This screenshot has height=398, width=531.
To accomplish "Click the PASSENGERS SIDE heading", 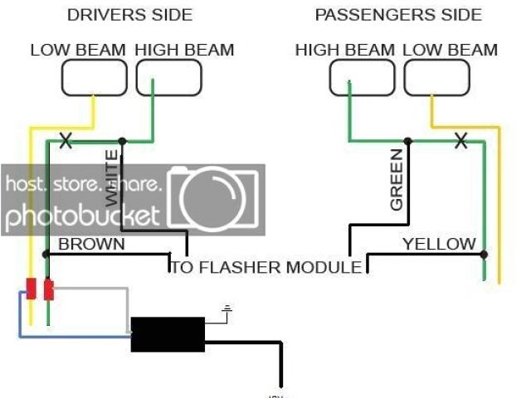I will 397,15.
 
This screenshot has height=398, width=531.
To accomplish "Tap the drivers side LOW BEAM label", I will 78,50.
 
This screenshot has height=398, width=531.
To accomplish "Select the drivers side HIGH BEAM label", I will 184,50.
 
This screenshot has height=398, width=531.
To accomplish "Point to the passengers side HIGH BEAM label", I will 345,50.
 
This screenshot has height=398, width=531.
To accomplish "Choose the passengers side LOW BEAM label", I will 451,50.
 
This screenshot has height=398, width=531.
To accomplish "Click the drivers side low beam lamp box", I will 95,78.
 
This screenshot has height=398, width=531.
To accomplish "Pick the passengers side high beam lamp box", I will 363,78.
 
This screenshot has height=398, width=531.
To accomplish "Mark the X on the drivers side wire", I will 65,141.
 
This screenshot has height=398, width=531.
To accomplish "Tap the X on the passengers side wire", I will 460,141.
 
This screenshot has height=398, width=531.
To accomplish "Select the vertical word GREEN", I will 396,179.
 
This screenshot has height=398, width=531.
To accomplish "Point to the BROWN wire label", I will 91,244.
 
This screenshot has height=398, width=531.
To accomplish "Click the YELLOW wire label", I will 439,244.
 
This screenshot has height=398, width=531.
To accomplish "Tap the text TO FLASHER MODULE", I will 267,267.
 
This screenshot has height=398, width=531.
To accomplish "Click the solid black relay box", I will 168,333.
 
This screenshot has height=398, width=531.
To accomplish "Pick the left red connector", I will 32,289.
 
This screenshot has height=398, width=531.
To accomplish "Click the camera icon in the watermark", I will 215,200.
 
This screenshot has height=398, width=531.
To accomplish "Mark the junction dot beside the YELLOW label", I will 485,254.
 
